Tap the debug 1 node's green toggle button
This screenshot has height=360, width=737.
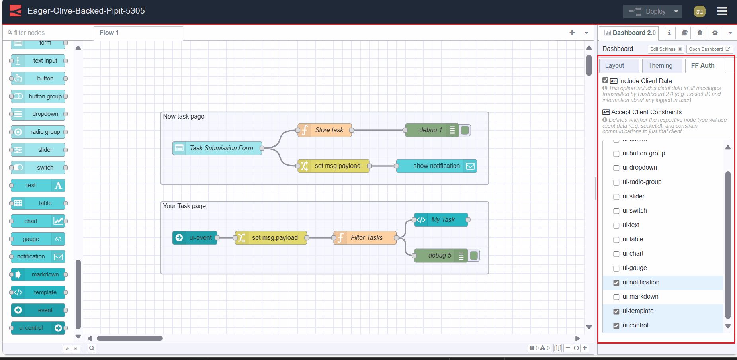pyautogui.click(x=465, y=130)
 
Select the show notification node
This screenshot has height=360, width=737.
pyautogui.click(x=436, y=166)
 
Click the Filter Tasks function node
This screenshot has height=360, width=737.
pyautogui.click(x=365, y=238)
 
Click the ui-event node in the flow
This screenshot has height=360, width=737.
pyautogui.click(x=195, y=238)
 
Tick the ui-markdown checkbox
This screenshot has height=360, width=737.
pyautogui.click(x=616, y=297)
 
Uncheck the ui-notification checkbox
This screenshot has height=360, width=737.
pyautogui.click(x=616, y=283)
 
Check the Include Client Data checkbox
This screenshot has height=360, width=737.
pyautogui.click(x=605, y=80)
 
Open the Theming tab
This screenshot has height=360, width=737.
pyautogui.click(x=660, y=66)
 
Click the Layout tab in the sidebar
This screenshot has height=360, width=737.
pyautogui.click(x=614, y=66)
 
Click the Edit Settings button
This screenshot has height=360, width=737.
pyautogui.click(x=666, y=49)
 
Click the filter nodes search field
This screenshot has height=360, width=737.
pyautogui.click(x=48, y=33)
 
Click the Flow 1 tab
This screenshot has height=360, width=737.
pyautogui.click(x=109, y=33)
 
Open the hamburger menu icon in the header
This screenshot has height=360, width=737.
pyautogui.click(x=722, y=11)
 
